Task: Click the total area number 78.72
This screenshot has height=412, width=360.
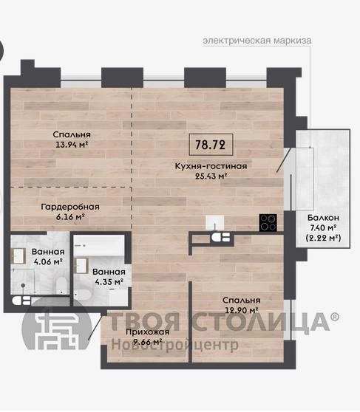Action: [210, 145]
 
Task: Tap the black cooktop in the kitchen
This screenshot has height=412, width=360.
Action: [268, 222]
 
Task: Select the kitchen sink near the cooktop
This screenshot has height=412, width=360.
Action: [214, 222]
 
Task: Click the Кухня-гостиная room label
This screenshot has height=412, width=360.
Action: [211, 166]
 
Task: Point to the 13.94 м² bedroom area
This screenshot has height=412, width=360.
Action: [72, 144]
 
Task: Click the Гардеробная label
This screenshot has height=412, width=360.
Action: [70, 207]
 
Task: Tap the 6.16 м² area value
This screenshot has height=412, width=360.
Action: [70, 217]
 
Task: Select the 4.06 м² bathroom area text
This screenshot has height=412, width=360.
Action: [48, 261]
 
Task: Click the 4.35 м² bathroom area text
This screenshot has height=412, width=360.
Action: [109, 281]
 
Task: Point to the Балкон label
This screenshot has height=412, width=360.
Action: [323, 218]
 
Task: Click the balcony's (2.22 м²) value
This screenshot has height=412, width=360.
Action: [323, 238]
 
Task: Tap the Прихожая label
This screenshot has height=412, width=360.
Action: [147, 332]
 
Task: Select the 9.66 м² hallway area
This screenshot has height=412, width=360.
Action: [147, 342]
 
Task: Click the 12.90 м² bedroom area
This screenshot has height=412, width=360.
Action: [241, 310]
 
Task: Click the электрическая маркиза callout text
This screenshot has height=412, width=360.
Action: [257, 41]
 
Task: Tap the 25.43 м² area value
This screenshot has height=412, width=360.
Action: [211, 176]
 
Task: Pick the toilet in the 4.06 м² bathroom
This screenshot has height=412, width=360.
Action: [62, 286]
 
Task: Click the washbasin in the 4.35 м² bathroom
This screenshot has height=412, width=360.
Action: [81, 266]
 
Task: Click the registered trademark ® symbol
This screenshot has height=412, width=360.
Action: [334, 317]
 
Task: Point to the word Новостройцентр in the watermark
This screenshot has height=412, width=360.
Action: [175, 345]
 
